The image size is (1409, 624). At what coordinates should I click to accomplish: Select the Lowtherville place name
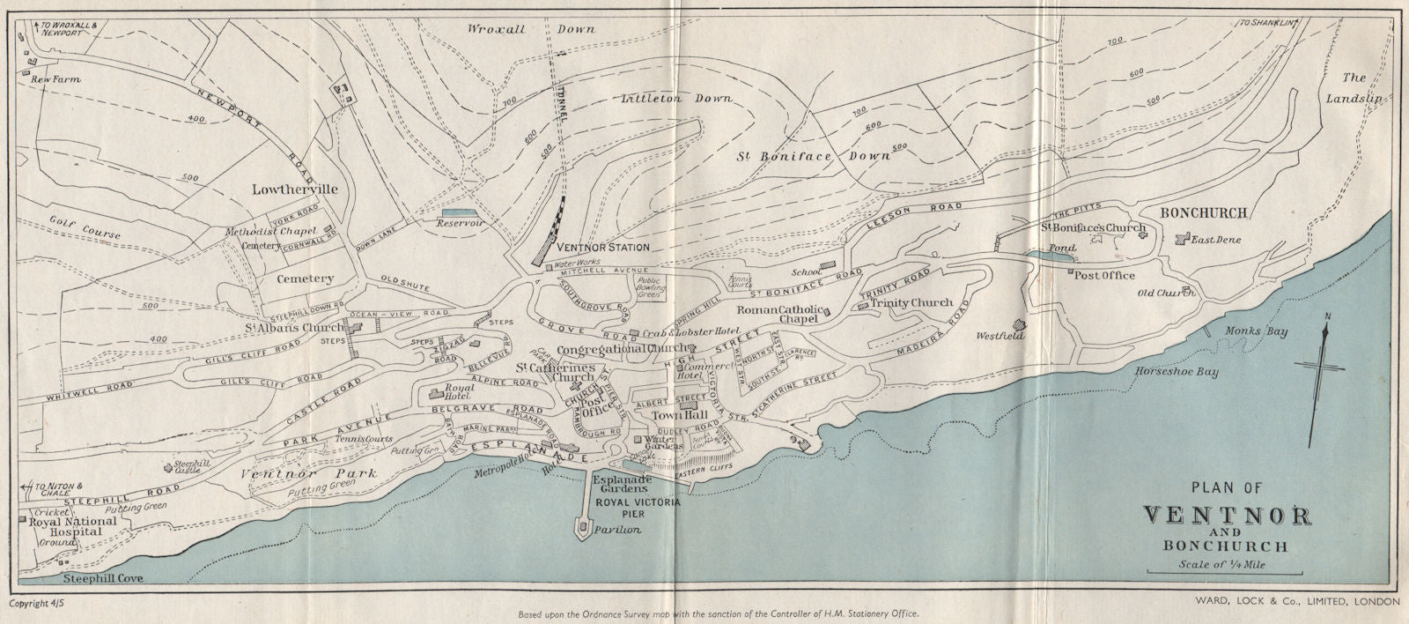tap(283, 189)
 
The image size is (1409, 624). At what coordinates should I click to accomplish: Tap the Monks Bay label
tap(1257, 332)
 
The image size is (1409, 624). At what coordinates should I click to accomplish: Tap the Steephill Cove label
tap(103, 579)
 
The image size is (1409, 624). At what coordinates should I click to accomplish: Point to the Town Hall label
tap(675, 414)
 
